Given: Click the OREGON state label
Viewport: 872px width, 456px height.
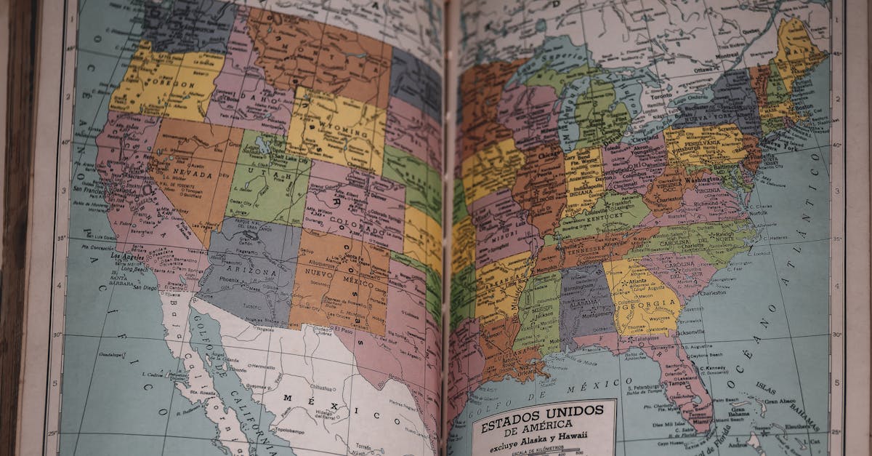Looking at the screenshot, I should coord(171,85).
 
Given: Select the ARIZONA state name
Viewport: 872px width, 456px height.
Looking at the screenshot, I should coord(253,271).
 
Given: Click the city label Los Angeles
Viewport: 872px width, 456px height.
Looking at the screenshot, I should coord(125,257).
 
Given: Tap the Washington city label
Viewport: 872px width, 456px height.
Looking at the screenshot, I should coord(703,178).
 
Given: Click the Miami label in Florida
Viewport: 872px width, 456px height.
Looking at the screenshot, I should coord(702,421).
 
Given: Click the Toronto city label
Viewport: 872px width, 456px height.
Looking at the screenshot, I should coord(661,96).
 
